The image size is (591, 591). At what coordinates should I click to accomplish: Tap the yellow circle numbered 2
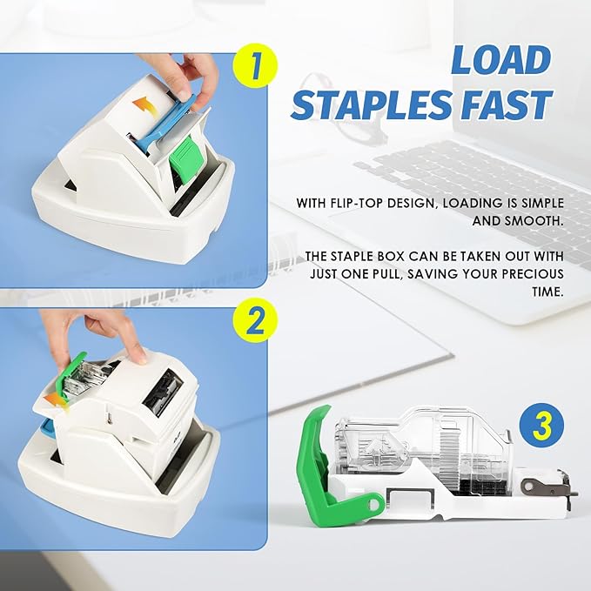click(255, 321)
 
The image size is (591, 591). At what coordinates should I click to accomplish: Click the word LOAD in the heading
click(501, 61)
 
